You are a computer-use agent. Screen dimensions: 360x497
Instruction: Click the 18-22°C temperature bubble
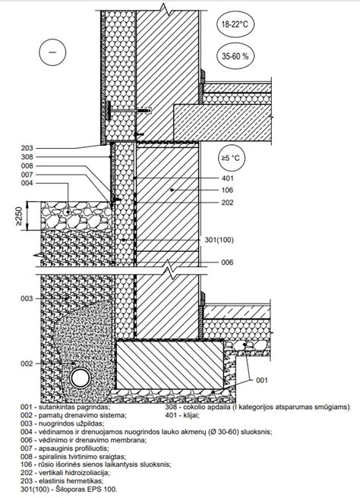235,24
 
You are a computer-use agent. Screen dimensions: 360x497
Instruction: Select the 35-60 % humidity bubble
235,56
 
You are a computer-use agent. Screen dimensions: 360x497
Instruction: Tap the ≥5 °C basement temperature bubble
232,158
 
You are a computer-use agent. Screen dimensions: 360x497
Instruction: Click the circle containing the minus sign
52,52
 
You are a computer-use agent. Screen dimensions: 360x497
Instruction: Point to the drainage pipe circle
81,378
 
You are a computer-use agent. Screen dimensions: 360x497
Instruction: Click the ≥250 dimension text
19,216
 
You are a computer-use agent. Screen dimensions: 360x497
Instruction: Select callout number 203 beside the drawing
27,148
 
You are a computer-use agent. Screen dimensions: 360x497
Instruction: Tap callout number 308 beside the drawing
27,157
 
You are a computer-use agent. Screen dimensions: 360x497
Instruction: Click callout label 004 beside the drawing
27,183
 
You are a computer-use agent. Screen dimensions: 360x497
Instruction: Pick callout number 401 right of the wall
227,178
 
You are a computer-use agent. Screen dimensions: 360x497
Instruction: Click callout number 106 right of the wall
227,190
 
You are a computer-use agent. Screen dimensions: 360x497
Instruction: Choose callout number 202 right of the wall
227,203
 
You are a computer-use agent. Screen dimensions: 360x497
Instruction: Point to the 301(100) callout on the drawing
219,240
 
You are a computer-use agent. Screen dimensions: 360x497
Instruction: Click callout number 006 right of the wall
227,263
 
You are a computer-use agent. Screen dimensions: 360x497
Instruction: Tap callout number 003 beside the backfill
27,299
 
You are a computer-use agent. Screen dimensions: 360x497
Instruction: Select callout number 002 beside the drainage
27,363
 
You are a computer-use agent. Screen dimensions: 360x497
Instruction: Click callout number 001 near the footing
262,380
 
